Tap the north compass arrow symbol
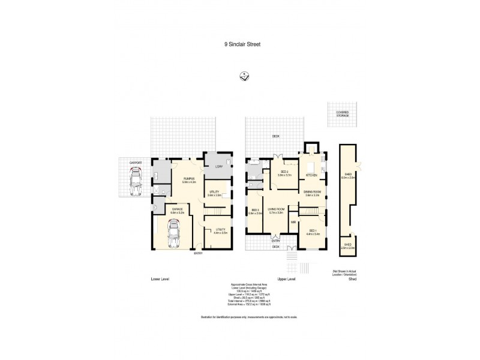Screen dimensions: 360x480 click(x=245, y=76)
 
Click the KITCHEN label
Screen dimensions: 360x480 click(x=311, y=175)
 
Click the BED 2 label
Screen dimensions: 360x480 click(x=285, y=172)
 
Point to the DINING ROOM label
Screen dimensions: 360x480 click(x=314, y=191)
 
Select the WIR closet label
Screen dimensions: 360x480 click(x=294, y=223)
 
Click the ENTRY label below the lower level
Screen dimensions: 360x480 click(x=198, y=253)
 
